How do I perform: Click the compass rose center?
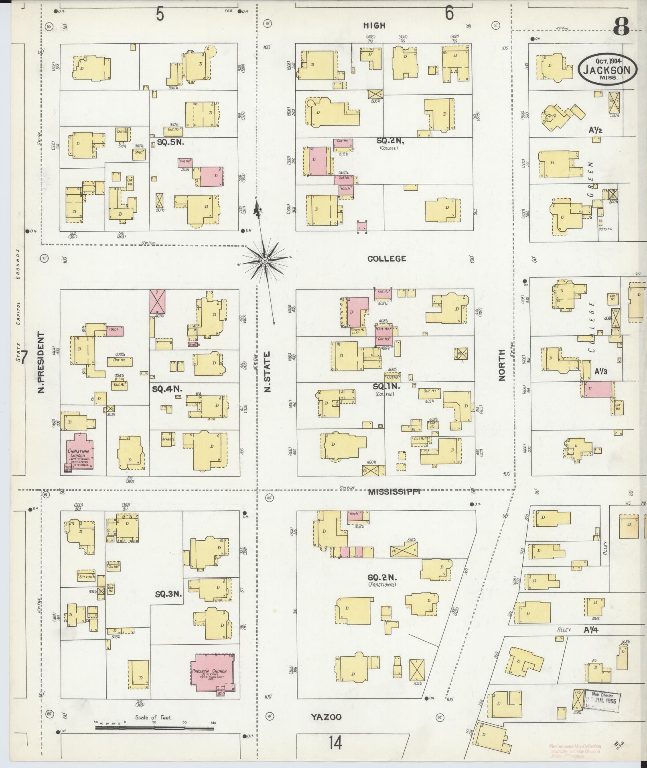point(265,261)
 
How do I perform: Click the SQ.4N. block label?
point(167,389)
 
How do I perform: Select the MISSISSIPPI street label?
point(394,491)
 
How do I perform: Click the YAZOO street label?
point(326,717)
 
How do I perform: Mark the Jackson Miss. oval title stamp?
point(607,69)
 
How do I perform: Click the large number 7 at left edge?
point(25,357)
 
